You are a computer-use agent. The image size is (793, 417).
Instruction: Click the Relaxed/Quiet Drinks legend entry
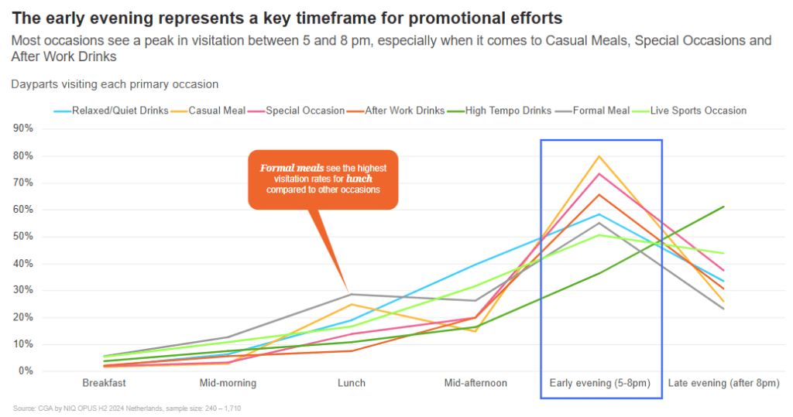[112, 111]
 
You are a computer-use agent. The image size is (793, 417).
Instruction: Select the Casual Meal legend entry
[208, 111]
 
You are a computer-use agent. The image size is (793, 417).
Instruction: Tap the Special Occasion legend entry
[297, 111]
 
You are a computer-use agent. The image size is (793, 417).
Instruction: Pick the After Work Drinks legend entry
[396, 111]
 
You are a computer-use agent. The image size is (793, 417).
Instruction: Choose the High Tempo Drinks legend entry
[499, 111]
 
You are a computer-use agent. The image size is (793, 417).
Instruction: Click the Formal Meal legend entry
[592, 111]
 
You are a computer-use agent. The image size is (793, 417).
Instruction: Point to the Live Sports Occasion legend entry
[689, 111]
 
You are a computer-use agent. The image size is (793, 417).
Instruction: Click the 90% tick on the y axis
[22, 128]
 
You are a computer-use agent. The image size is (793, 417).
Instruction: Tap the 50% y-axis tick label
[22, 237]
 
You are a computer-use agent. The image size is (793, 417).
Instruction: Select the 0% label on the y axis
[26, 371]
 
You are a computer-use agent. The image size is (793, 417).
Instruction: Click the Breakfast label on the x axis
[105, 383]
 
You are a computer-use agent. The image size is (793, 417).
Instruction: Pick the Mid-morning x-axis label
[228, 383]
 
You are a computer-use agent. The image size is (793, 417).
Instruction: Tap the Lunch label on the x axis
[352, 383]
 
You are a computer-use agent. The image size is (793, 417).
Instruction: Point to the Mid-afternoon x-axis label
[475, 383]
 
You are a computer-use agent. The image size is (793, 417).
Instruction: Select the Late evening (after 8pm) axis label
[724, 383]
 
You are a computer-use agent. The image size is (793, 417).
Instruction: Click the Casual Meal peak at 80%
[599, 156]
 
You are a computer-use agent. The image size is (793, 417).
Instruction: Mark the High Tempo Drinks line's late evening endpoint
[724, 207]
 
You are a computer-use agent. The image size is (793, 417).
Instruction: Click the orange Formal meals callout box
[323, 179]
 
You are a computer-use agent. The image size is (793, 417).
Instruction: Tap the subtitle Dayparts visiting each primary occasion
[115, 84]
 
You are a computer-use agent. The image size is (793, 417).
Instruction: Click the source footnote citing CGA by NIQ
[127, 408]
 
